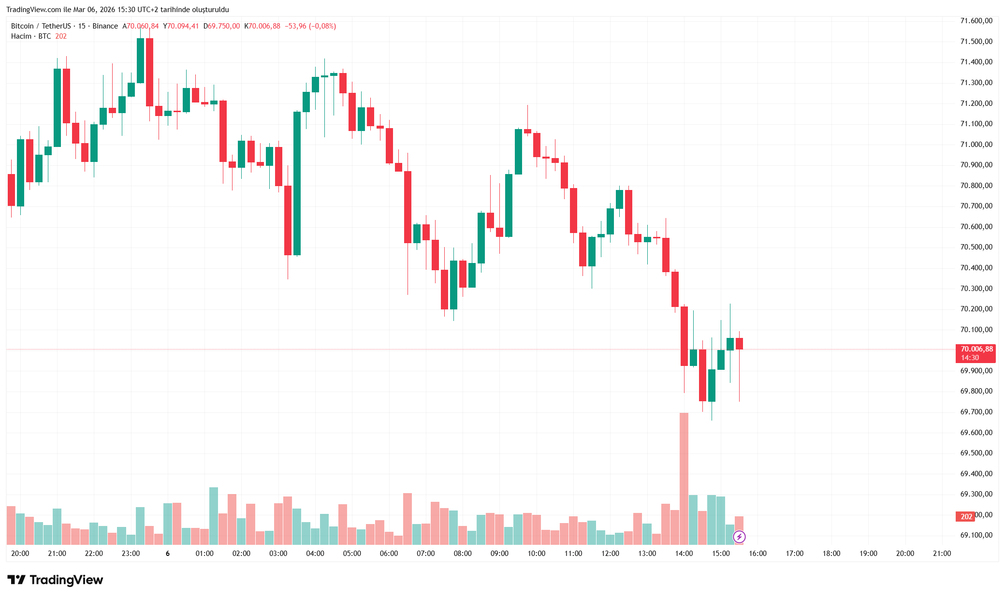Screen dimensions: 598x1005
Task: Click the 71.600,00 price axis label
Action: pos(976,21)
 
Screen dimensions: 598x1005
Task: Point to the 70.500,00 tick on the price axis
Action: pos(976,247)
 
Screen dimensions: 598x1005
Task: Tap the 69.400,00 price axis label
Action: pos(976,474)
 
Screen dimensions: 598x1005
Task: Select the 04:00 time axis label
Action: pos(315,554)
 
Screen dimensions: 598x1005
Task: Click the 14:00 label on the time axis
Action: pos(684,554)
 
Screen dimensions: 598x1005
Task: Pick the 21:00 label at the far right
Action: pos(942,554)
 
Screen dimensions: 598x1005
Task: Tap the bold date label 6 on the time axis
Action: pos(168,554)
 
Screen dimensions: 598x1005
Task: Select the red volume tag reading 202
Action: pos(966,517)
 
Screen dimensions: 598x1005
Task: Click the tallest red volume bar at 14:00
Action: pos(684,479)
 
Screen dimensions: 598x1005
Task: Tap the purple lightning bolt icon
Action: pos(739,537)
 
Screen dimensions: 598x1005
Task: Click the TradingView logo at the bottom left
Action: pos(55,580)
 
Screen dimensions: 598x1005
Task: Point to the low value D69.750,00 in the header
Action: pos(222,26)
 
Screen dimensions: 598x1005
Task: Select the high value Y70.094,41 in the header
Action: pos(181,26)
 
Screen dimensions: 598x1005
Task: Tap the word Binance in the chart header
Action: pos(105,26)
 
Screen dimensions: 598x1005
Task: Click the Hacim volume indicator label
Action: pos(21,36)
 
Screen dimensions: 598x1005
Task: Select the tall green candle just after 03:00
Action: pos(297,184)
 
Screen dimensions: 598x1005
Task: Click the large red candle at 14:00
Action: pos(684,336)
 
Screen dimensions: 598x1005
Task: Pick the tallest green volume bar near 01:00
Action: pos(214,516)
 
